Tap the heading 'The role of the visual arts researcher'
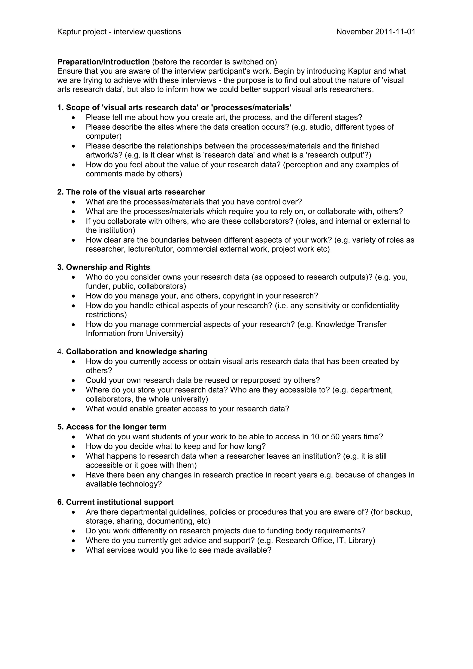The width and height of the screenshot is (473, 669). pyautogui.click(x=135, y=192)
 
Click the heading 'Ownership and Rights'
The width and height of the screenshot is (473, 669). pyautogui.click(x=108, y=267)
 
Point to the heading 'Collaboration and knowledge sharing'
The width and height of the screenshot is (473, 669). pyautogui.click(x=136, y=351)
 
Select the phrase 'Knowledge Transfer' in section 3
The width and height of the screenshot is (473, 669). pyautogui.click(x=351, y=324)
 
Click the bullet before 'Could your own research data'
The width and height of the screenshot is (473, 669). pyautogui.click(x=74, y=380)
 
